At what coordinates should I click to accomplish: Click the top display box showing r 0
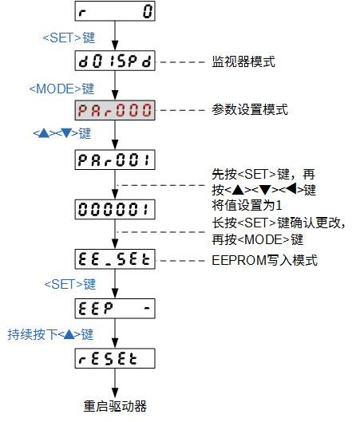coord(115,11)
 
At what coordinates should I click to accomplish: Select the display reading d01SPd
coord(115,61)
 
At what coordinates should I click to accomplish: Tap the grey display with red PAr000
coord(115,110)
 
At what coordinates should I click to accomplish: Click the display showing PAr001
coord(115,160)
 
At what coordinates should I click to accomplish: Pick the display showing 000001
coord(115,209)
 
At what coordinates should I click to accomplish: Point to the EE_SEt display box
coord(115,259)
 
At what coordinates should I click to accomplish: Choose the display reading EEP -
coord(115,309)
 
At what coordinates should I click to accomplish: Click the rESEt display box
coord(115,358)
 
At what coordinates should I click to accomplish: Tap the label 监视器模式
coord(243,61)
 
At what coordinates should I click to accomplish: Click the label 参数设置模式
coord(250,110)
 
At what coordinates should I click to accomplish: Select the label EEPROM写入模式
coord(265,260)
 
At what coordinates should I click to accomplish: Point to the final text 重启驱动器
coord(115,406)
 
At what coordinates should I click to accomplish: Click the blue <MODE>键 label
coord(61,89)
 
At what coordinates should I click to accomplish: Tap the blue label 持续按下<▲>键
coord(50,334)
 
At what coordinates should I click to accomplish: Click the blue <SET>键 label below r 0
coord(69,37)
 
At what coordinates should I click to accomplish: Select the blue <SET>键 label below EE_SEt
coord(70,284)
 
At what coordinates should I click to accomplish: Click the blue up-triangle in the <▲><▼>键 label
coord(44,133)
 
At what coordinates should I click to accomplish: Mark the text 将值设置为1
coord(247,206)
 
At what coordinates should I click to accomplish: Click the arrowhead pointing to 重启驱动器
coord(115,393)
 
